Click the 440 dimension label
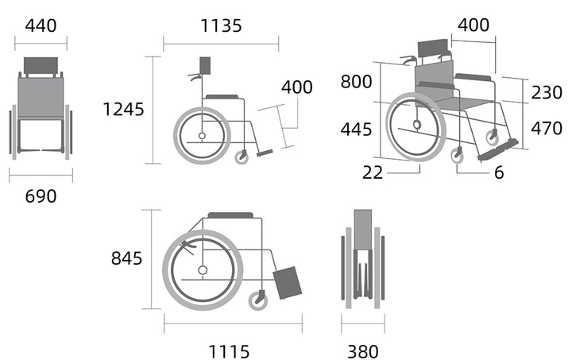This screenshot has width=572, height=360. pos(41,26)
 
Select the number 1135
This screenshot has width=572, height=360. pos(221,26)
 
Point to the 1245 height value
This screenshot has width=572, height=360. pos(124,110)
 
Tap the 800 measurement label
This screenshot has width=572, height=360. pos(356,82)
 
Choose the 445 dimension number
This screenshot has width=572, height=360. pos(356,130)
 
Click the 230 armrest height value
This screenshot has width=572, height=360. pos(547,93)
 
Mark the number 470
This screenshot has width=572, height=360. pos(547,129)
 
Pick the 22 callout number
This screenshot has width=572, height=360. pos(373,172)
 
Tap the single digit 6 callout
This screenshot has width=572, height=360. pos(499,172)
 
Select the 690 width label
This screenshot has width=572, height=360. pos(41,196)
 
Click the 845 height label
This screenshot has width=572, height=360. pos(126,258)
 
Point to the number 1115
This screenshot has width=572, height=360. pos(229,352)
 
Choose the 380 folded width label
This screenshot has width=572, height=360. pos(363,352)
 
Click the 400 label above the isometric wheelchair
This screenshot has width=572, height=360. pos(473,25)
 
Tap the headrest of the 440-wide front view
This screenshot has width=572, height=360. pos(41,65)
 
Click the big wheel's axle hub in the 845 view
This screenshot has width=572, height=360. pos(203,270)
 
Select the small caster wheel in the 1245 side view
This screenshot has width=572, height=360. pos(242,157)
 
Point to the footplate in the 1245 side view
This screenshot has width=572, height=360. pos(265,153)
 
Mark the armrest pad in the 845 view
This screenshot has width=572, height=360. pos(230,215)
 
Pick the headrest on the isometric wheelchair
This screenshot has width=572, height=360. pos(433,48)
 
